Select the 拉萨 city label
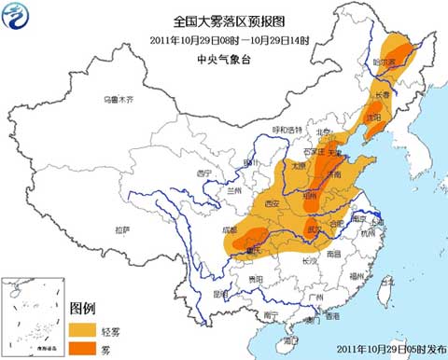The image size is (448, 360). click(122, 228)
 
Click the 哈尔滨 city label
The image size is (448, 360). click(398, 62)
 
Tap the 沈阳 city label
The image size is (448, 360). click(371, 119)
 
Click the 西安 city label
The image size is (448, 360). click(272, 202)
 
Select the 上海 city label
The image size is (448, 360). click(377, 223)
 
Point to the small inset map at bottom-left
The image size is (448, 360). click(34, 317)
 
